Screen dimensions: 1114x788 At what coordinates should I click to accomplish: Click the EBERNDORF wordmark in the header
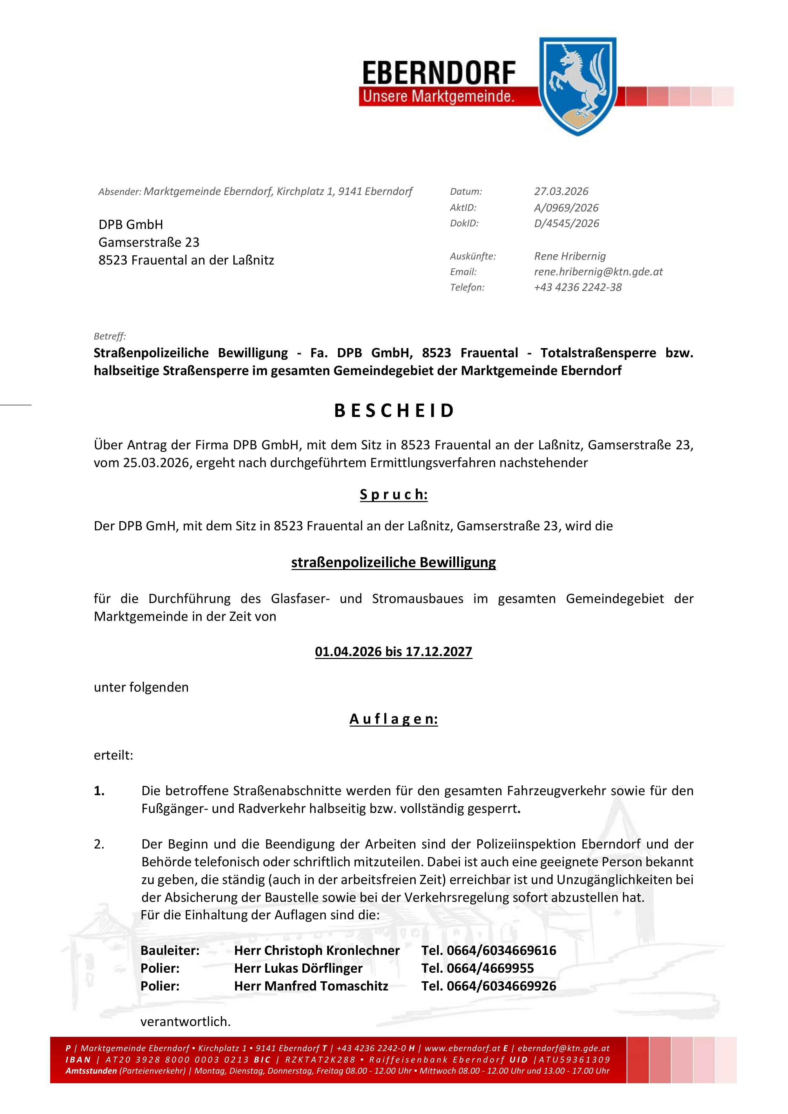[439, 73]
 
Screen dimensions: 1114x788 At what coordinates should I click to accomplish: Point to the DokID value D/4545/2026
[566, 223]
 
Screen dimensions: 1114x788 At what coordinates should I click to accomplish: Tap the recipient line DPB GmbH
[131, 225]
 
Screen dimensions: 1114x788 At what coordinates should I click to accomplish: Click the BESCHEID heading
[394, 411]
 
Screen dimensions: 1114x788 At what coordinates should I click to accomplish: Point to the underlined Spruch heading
[394, 494]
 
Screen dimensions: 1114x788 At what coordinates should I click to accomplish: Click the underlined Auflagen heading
[394, 719]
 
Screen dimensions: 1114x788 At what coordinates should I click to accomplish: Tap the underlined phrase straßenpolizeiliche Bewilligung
[394, 562]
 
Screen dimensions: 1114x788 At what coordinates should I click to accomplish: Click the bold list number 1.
[99, 791]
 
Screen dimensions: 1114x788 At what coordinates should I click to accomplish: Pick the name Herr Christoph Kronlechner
[317, 950]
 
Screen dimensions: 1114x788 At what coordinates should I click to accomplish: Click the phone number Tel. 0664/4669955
[477, 969]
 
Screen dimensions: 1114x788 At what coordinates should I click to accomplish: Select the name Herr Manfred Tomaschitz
[311, 986]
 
